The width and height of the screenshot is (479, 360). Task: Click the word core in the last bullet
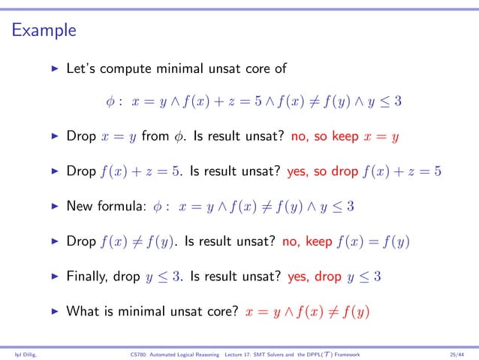pyautogui.click(x=209, y=310)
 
